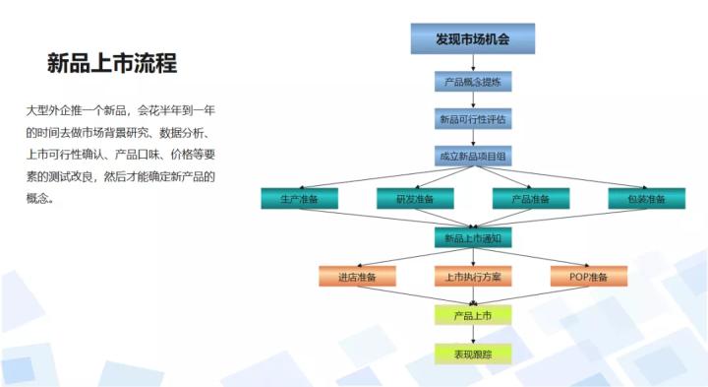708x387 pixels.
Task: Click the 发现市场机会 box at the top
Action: coord(472,38)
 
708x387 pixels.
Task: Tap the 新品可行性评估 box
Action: coord(472,119)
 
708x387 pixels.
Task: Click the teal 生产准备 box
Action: coord(298,198)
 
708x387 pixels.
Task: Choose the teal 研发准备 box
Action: coord(414,198)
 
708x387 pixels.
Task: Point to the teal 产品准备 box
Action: coord(530,198)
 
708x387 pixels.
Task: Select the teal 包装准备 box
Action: coord(646,198)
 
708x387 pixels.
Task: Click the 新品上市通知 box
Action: coord(472,237)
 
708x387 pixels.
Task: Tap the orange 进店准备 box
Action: coord(356,277)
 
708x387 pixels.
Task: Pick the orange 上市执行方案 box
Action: coord(472,277)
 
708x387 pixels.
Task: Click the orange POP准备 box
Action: coord(588,277)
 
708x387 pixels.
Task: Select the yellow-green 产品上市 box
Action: coord(472,315)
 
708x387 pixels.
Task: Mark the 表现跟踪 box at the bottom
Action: coord(472,354)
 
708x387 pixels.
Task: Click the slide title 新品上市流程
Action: coord(111,64)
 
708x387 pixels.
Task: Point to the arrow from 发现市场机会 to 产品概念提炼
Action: coord(472,62)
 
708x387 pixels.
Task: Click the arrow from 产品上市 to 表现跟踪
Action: coord(472,335)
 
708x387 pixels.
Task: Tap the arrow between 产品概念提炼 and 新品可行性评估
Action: coord(472,100)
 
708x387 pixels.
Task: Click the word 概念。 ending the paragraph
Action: coord(40,198)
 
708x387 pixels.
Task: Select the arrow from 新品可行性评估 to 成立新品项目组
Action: coord(472,139)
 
